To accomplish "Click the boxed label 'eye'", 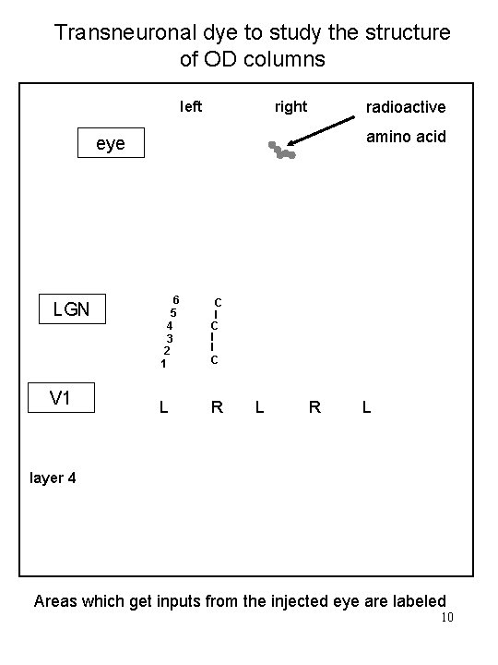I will point(110,143).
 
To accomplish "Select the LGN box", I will point(71,308).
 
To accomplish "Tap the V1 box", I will point(61,397).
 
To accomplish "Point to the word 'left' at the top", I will point(190,107).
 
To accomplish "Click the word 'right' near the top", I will point(290,107).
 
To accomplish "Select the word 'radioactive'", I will point(406,108).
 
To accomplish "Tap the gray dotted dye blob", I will point(281,151).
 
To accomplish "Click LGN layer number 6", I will point(176,299).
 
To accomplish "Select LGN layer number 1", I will point(163,364).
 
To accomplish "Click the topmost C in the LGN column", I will point(217,302).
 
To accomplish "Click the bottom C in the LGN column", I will point(214,359).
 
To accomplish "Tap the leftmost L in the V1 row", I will point(163,406).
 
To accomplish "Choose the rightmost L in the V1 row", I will point(366,406).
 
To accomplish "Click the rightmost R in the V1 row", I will point(314,406).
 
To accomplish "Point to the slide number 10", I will point(447,618).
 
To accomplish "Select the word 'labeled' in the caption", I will point(415,600).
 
